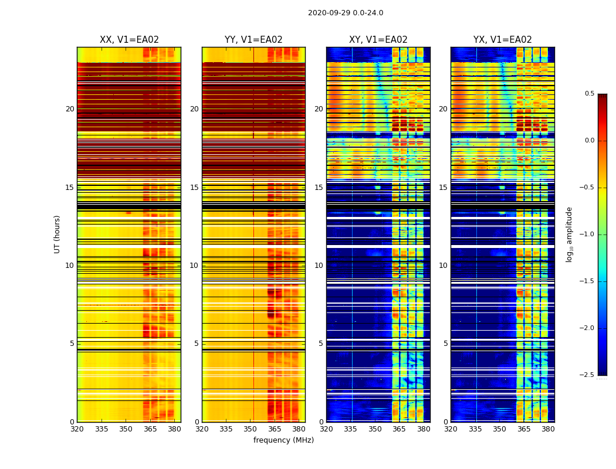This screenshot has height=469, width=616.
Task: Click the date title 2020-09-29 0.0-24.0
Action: point(346,13)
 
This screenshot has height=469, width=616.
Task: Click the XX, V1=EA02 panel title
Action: point(129,40)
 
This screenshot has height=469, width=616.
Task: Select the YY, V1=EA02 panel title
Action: point(253,40)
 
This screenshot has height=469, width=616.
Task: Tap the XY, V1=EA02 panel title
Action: point(378,40)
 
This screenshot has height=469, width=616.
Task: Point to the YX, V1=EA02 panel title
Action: point(502,40)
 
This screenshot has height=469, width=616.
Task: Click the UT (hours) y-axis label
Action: point(57,234)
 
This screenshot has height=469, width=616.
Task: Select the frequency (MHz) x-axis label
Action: point(283,440)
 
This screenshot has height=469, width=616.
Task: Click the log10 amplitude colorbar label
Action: point(569,234)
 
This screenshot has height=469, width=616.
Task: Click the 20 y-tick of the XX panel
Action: point(70,109)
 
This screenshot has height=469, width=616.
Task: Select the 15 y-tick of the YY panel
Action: point(195,188)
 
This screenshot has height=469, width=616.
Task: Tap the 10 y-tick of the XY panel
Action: point(319,266)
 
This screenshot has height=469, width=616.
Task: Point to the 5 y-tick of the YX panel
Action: point(445,344)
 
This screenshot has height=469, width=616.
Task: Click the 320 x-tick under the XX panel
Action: point(77,429)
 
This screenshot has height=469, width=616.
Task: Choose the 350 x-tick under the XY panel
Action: point(375,429)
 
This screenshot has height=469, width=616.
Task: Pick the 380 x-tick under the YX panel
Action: point(548,429)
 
